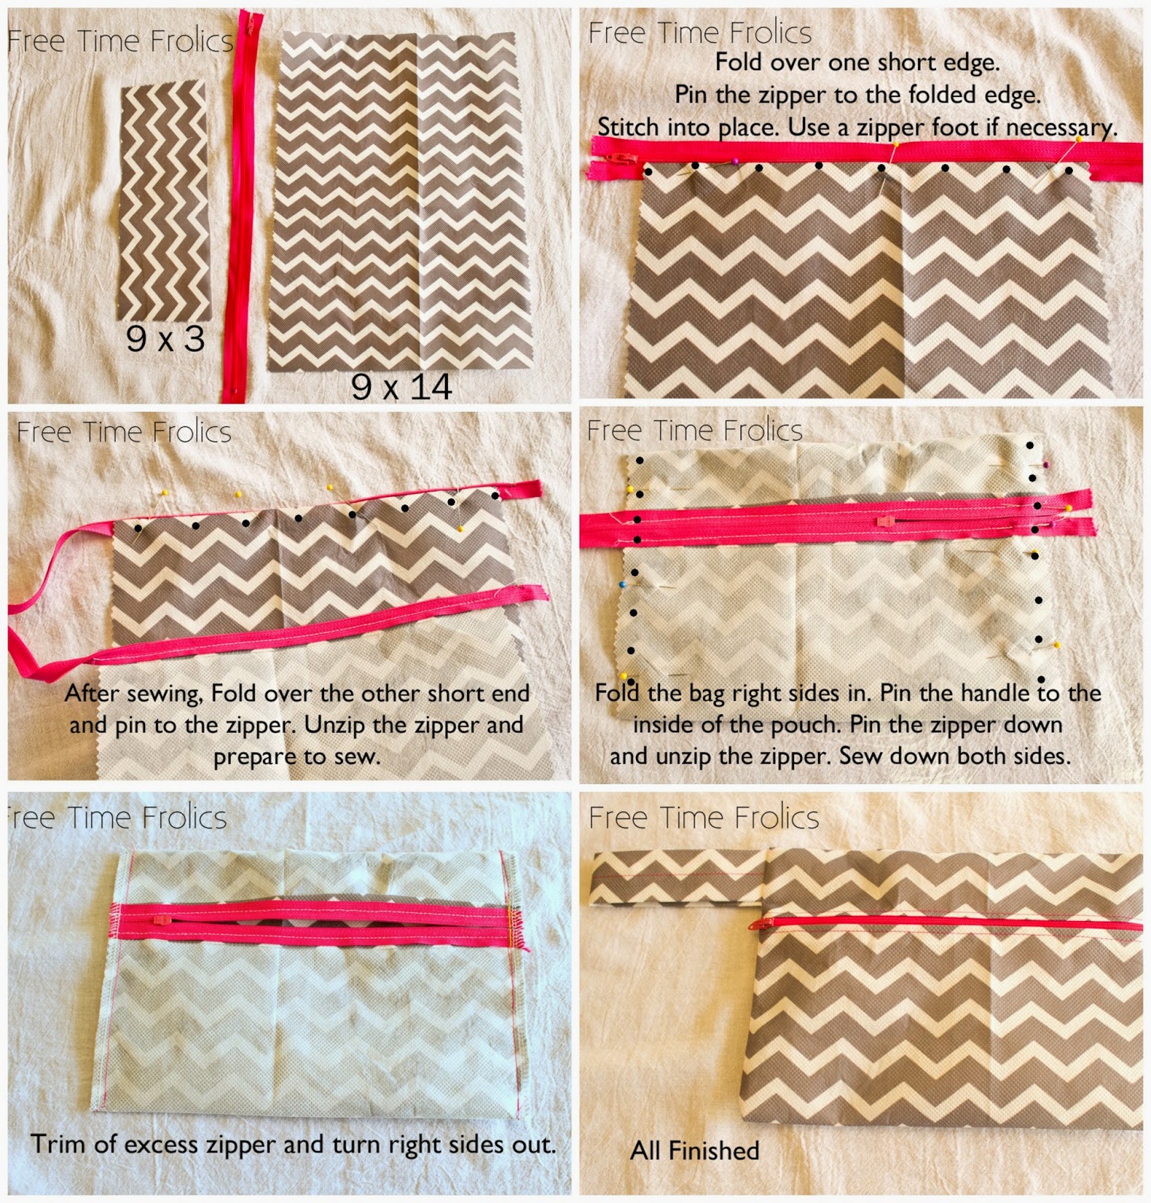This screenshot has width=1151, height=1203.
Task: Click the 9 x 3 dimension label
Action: click(165, 339)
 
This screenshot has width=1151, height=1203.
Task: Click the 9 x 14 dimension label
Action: click(401, 386)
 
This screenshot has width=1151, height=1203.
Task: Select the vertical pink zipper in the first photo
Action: click(238, 203)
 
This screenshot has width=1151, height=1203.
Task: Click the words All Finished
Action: click(695, 1150)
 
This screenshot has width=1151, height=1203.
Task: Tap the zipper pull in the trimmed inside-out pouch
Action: click(159, 919)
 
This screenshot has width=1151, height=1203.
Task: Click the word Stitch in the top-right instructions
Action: click(627, 127)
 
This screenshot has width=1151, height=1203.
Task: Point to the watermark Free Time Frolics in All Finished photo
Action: click(704, 817)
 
